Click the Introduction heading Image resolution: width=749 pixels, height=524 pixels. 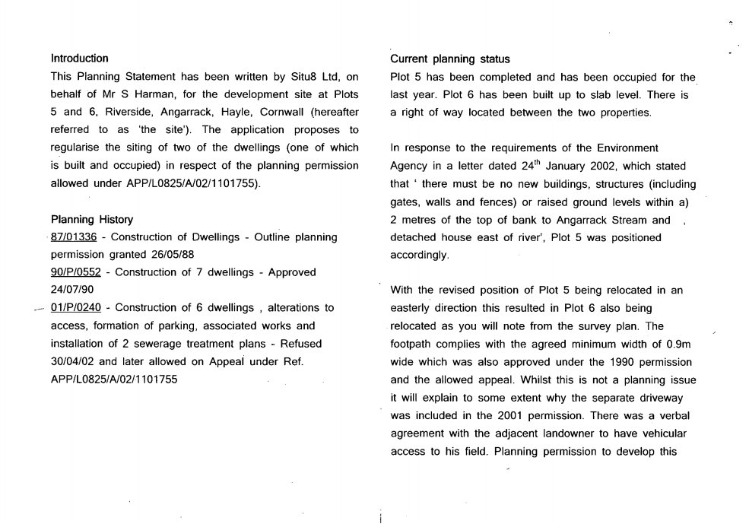[x=79, y=58]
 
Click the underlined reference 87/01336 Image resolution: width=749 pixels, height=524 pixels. [x=73, y=237]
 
